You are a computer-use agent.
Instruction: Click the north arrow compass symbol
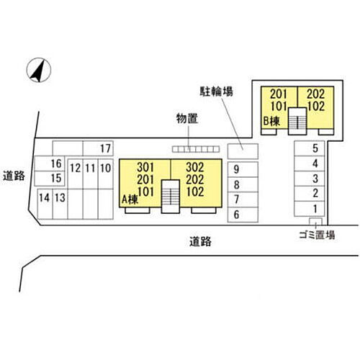point(39,70)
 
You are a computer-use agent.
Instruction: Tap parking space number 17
point(98,148)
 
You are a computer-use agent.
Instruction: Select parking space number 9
point(243,169)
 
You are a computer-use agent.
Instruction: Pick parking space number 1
point(310,209)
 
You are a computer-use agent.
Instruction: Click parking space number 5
point(310,148)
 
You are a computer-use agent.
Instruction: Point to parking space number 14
point(45,204)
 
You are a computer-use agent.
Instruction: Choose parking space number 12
point(76,174)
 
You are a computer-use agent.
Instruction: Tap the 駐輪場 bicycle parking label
point(216,91)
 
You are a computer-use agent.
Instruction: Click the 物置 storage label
point(187,118)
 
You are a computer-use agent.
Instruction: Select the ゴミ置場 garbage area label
point(317,235)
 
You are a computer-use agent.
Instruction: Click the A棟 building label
point(130,199)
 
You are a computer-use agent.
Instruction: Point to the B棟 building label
point(271,121)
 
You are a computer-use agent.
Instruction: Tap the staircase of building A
point(171,197)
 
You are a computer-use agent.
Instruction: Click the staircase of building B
point(297,121)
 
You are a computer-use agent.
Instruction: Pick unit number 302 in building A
point(195,167)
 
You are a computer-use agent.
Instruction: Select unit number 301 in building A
point(145,167)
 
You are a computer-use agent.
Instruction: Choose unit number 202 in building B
point(316,94)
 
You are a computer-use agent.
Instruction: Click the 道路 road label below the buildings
point(200,241)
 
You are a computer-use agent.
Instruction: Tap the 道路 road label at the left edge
point(14,176)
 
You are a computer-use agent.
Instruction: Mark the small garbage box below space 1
point(315,221)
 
